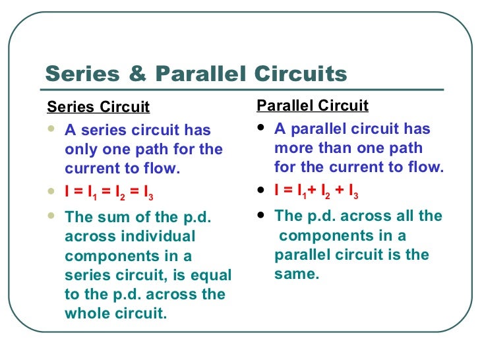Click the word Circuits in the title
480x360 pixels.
[298, 74]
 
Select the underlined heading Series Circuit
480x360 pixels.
[99, 107]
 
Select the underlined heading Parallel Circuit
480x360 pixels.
[313, 106]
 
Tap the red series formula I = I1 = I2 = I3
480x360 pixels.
[110, 194]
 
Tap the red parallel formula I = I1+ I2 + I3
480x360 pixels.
[316, 193]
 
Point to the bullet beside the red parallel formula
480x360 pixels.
[262, 192]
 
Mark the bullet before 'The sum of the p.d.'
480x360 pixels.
[52, 215]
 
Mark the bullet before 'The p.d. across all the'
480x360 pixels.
[262, 214]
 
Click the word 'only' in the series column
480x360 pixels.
[80, 150]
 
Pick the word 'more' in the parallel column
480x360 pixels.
[292, 148]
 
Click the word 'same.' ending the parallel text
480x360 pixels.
[297, 274]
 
